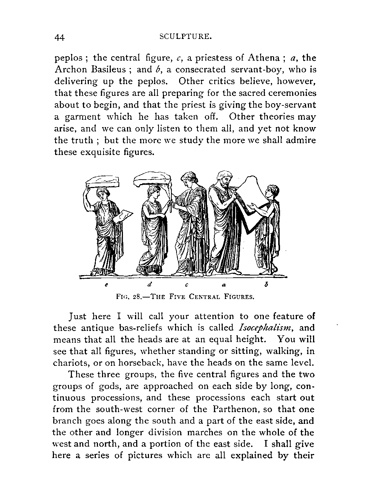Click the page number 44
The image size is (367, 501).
pyautogui.click(x=59, y=37)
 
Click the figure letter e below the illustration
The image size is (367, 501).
pyautogui.click(x=106, y=285)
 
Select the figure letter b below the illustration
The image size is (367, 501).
pyautogui.click(x=270, y=285)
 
